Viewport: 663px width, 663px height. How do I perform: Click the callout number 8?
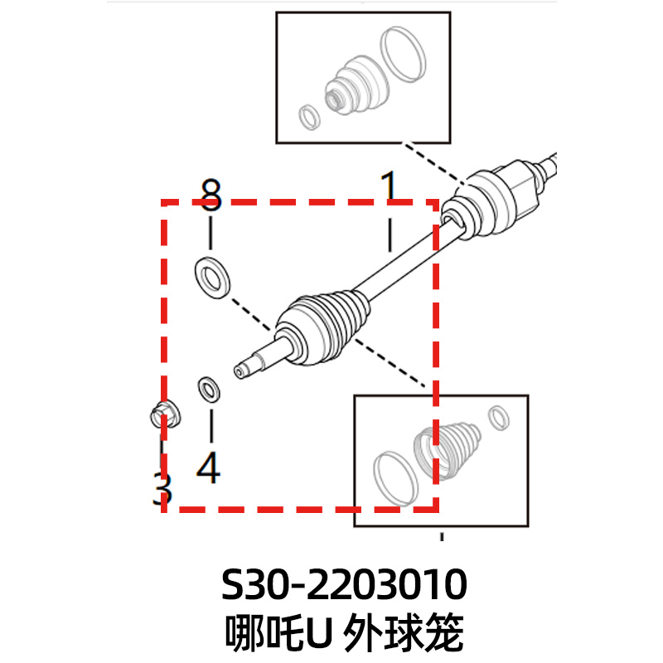[x=211, y=196]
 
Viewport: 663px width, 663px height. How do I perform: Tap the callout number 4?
[x=209, y=468]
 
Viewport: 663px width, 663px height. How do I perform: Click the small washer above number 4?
[x=209, y=388]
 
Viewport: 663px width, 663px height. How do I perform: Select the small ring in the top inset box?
[x=309, y=117]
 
